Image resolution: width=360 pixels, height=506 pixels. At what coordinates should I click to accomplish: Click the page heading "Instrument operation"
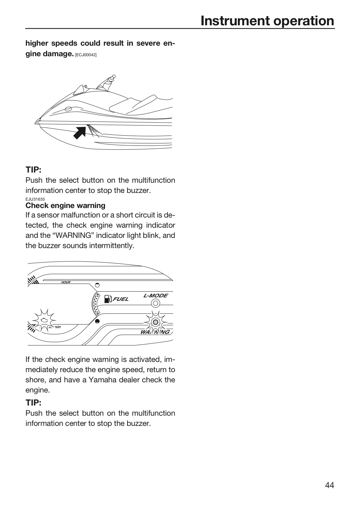(267, 21)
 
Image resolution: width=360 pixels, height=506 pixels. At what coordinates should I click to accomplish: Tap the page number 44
(329, 485)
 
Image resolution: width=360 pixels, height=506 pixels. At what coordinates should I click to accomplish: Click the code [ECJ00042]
(86, 55)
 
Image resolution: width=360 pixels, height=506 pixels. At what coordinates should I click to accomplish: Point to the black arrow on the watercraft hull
(80, 133)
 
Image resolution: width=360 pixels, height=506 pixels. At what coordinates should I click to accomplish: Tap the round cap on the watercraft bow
(68, 109)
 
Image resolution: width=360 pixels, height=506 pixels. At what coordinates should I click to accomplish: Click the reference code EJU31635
(35, 199)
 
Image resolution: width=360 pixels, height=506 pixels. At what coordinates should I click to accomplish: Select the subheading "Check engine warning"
(65, 205)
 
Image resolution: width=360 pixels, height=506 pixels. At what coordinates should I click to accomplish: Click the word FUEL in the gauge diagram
(121, 299)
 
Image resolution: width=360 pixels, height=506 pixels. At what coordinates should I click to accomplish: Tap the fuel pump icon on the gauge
(108, 299)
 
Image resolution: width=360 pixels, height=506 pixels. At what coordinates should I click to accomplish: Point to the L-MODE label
(156, 296)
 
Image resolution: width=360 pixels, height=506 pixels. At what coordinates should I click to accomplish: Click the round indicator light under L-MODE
(155, 303)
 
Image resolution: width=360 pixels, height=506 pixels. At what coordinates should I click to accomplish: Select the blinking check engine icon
(44, 320)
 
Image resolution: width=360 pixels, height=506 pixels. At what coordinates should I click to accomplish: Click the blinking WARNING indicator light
(155, 322)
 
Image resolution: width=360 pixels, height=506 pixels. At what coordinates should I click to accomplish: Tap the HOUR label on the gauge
(66, 283)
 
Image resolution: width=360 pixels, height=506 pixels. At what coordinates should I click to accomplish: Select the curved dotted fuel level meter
(96, 304)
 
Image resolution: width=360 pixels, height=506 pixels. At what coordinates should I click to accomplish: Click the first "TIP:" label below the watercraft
(33, 170)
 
